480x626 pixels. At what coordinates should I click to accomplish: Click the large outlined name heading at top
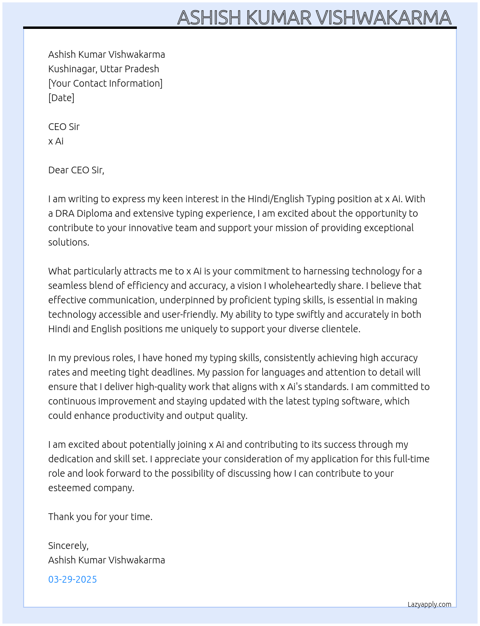point(314,17)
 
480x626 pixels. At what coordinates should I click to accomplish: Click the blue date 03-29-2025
point(72,579)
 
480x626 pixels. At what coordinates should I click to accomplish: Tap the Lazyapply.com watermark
point(429,604)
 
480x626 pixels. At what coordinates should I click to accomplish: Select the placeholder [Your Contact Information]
point(105,83)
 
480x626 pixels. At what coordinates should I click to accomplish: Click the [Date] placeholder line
point(61,98)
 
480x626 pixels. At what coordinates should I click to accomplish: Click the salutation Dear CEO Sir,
point(76,170)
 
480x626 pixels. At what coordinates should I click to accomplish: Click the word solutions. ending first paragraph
point(68,242)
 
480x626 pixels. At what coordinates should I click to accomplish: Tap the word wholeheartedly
point(309,286)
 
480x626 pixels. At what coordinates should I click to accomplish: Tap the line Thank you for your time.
point(100,517)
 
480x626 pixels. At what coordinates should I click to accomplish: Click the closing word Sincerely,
point(68,546)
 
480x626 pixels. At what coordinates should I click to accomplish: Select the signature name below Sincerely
point(107,560)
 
